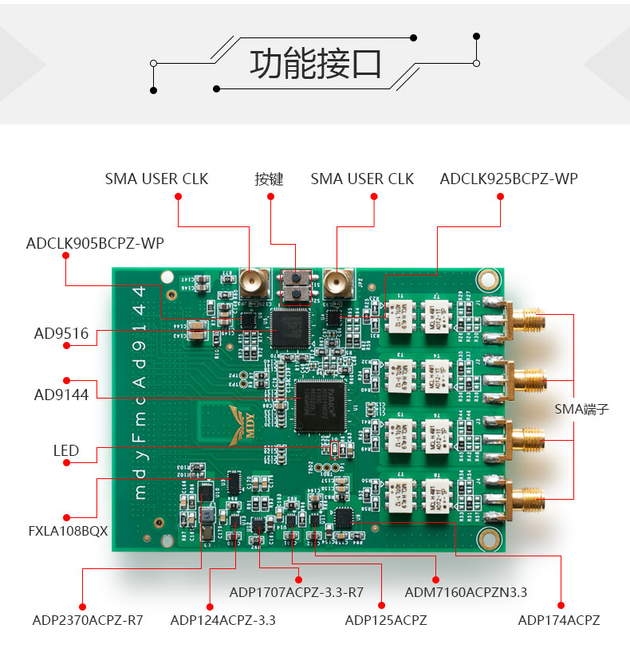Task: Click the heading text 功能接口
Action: point(316,64)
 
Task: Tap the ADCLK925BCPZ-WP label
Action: point(508,179)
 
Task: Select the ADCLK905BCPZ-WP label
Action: point(95,243)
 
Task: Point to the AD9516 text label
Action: point(61,333)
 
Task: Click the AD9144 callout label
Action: point(61,394)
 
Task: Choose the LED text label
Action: point(66,450)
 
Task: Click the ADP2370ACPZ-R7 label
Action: point(88,619)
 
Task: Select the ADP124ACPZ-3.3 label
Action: point(222,619)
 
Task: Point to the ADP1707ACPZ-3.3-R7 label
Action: point(296,592)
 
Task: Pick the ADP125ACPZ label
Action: point(385,619)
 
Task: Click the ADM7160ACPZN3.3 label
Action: point(466,592)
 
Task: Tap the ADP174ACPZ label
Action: point(558,619)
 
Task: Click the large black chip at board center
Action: point(320,407)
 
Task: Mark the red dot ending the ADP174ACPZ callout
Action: point(561,604)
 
